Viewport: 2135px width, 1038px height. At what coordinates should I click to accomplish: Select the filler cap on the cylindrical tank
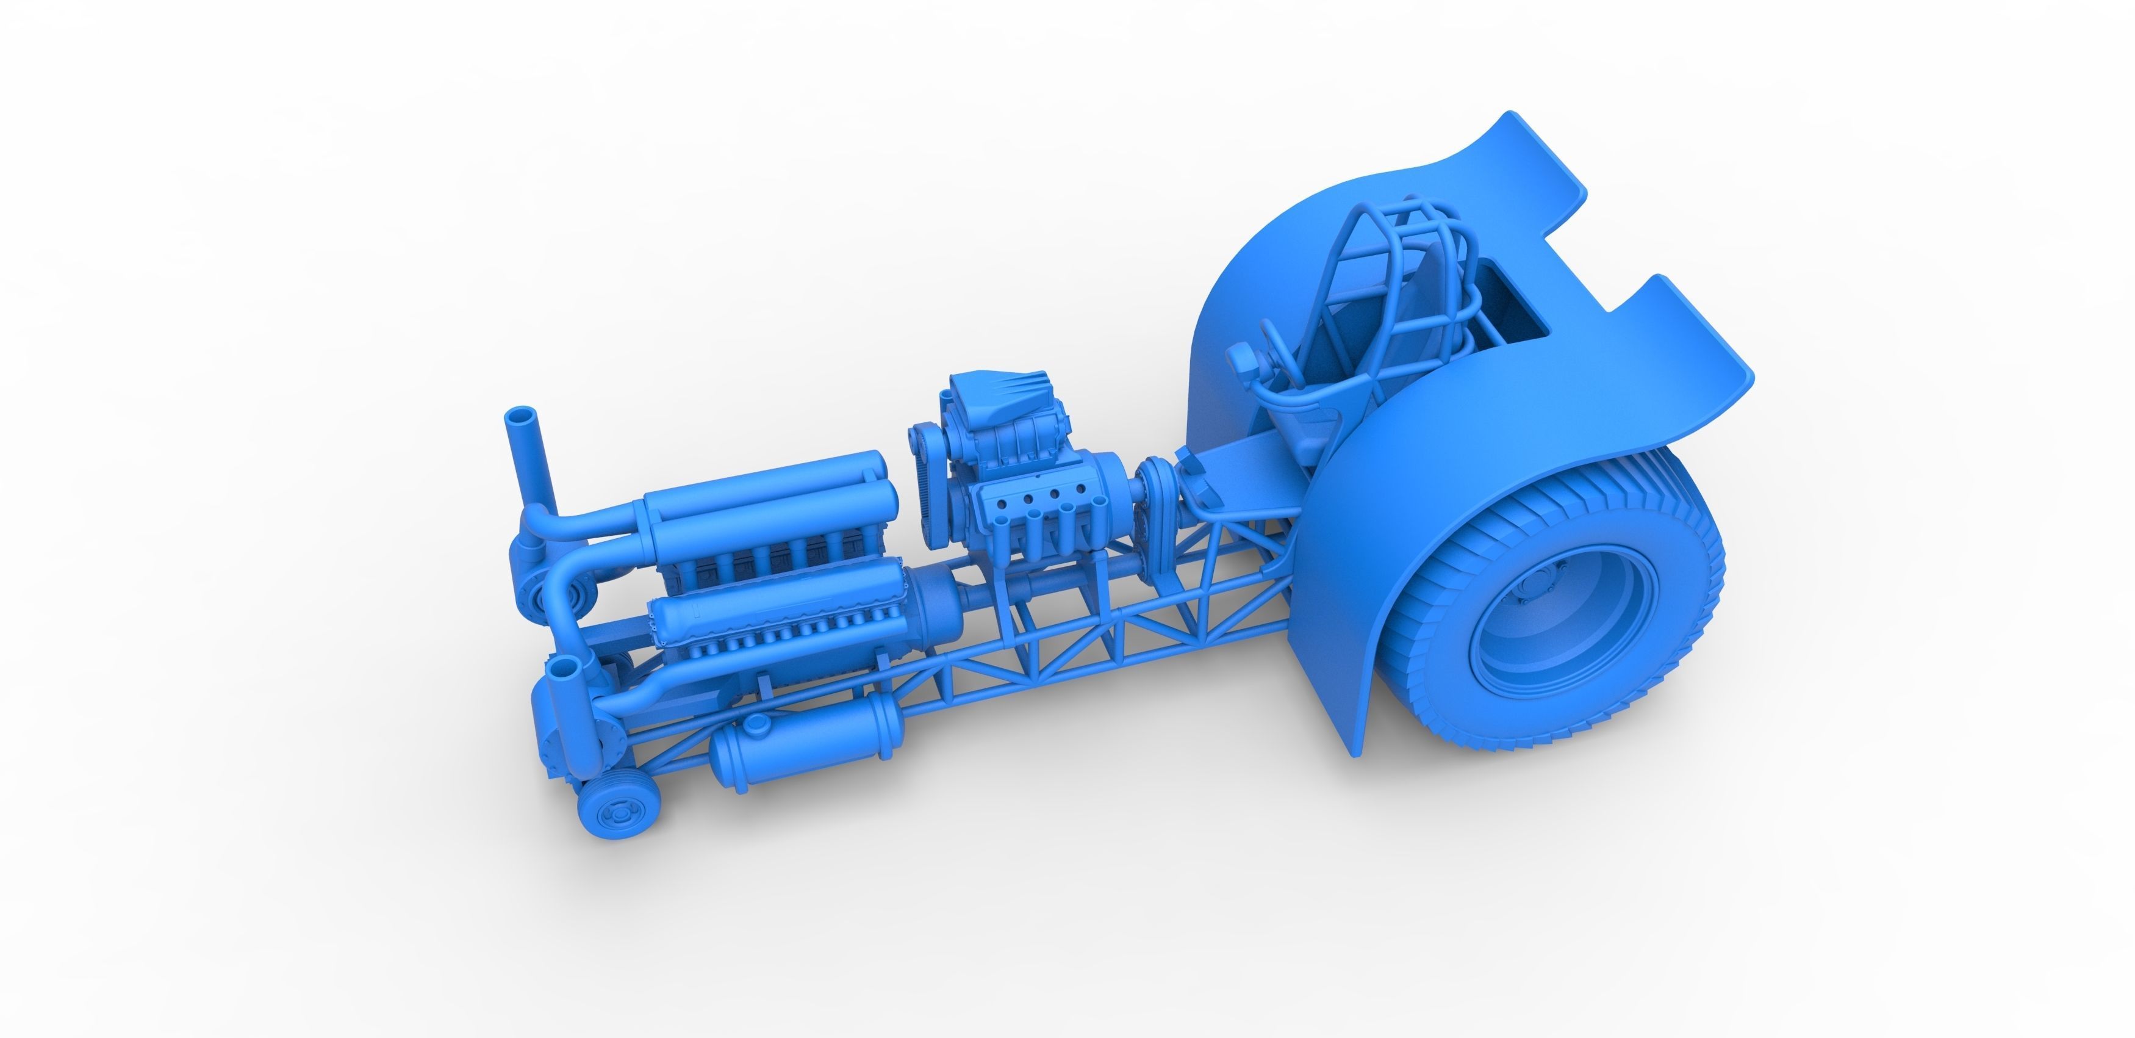[x=756, y=724]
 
